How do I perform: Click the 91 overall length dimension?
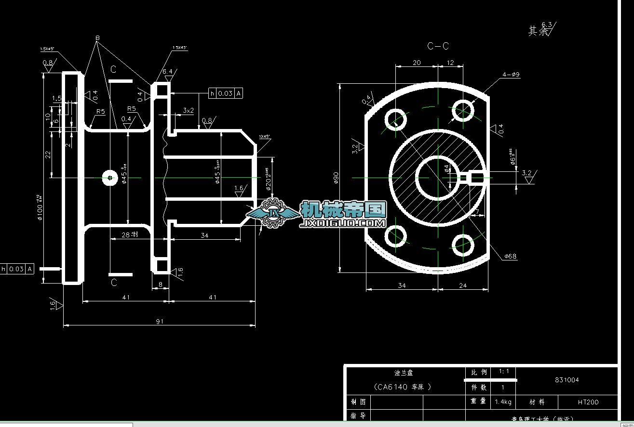pyautogui.click(x=159, y=321)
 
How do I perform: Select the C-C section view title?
pyautogui.click(x=438, y=46)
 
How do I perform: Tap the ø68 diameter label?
pyautogui.click(x=511, y=256)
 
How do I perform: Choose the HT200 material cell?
pyautogui.click(x=588, y=401)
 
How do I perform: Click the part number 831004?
pyautogui.click(x=567, y=380)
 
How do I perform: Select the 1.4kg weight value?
pyautogui.click(x=503, y=401)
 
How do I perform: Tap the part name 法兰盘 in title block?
pyautogui.click(x=404, y=373)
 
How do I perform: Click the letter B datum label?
pyautogui.click(x=97, y=38)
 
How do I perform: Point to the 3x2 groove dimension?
pyautogui.click(x=188, y=110)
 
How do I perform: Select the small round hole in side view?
pyautogui.click(x=110, y=178)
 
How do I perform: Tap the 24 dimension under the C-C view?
pyautogui.click(x=462, y=285)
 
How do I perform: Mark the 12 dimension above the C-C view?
pyautogui.click(x=450, y=63)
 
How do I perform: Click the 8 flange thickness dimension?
pyautogui.click(x=161, y=284)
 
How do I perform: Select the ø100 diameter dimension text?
pyautogui.click(x=39, y=207)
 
